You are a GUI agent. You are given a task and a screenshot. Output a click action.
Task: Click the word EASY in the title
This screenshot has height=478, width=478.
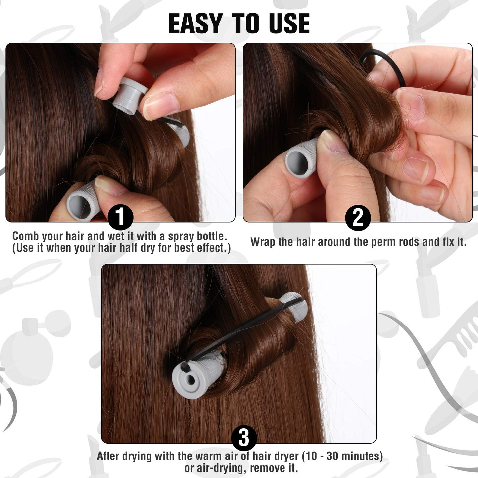[195, 24]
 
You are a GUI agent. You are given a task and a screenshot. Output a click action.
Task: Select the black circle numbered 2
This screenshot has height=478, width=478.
[358, 218]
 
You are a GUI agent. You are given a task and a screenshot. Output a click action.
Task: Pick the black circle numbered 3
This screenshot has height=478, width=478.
[244, 437]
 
